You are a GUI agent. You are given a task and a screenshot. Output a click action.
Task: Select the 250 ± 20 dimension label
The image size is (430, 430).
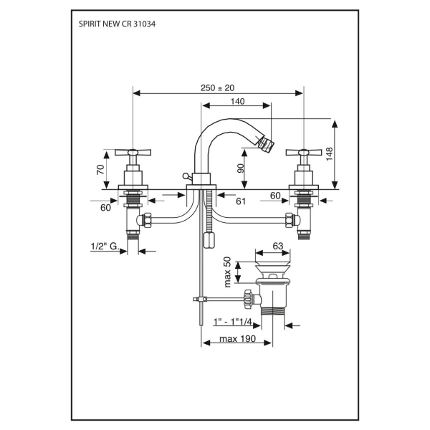pyautogui.click(x=218, y=87)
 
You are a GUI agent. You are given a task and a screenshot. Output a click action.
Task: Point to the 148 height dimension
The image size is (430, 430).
pyautogui.click(x=329, y=155)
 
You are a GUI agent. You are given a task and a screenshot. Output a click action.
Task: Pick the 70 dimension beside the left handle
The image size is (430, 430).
pyautogui.click(x=101, y=170)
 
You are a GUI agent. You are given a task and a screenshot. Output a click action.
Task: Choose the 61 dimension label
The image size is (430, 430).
pyautogui.click(x=241, y=201)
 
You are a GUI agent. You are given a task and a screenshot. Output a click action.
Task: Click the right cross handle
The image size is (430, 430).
pyautogui.click(x=305, y=152)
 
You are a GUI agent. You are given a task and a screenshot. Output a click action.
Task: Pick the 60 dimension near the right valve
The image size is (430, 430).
pyautogui.click(x=276, y=194)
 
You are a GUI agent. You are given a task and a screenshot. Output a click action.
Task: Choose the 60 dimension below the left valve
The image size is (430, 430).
pyautogui.click(x=105, y=209)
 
